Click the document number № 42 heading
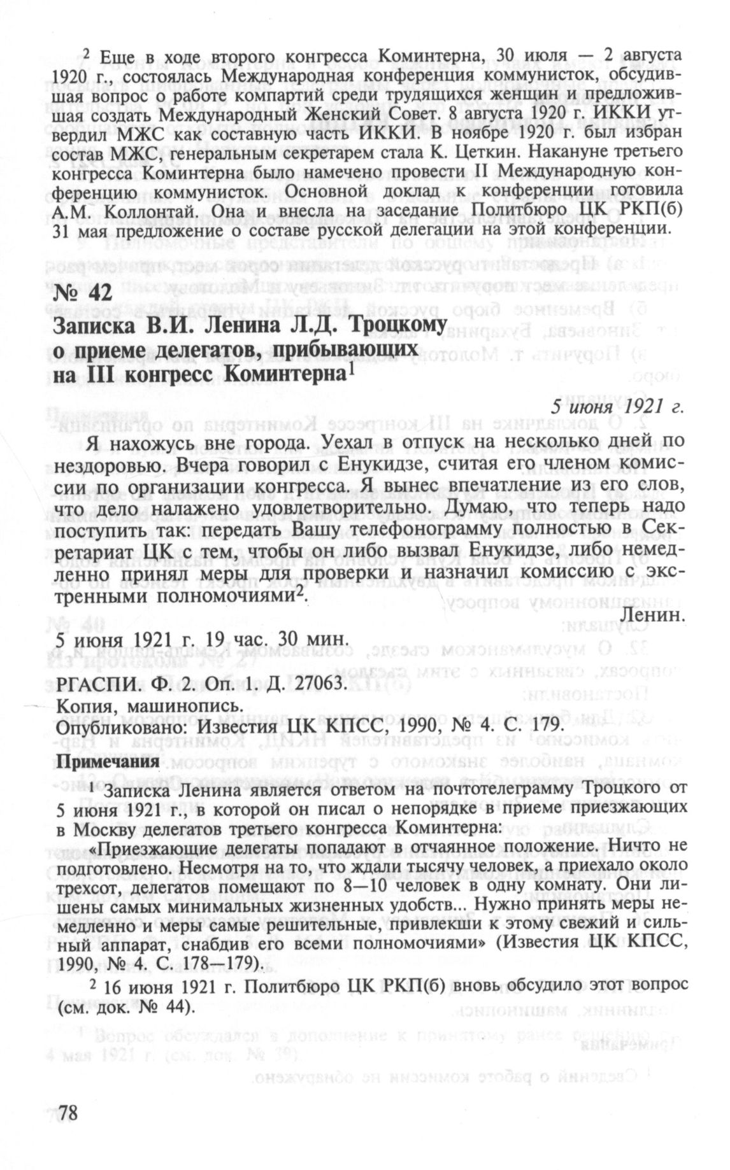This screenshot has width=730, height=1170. [x=83, y=292]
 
